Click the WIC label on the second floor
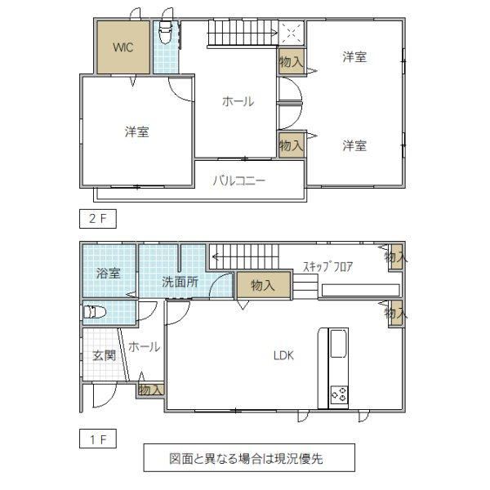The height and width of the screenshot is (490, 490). [123, 47]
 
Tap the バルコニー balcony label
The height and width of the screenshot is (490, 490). [239, 180]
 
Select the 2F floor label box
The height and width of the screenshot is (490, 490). [98, 219]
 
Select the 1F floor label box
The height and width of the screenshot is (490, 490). [98, 439]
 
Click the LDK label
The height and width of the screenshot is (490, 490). [283, 355]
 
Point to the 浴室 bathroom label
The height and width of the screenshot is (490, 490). [108, 274]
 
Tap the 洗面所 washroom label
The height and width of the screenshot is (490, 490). [180, 282]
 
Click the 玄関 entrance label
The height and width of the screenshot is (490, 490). [105, 355]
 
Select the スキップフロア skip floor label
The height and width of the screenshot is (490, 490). [328, 267]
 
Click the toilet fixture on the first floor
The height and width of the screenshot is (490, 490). [95, 312]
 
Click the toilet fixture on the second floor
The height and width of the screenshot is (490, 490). [165, 31]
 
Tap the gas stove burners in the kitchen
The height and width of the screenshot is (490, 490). [340, 394]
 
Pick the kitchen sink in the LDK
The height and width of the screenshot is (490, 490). [339, 343]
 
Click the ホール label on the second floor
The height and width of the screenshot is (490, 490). [238, 101]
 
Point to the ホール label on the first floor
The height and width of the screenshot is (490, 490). [145, 347]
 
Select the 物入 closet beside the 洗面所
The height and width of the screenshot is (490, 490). [264, 285]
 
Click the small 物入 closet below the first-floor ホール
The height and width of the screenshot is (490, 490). [151, 390]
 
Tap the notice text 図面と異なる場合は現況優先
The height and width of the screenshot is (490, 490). [246, 458]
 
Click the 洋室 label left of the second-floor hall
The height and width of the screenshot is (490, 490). [137, 131]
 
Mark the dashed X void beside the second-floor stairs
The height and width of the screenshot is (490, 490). [292, 33]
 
